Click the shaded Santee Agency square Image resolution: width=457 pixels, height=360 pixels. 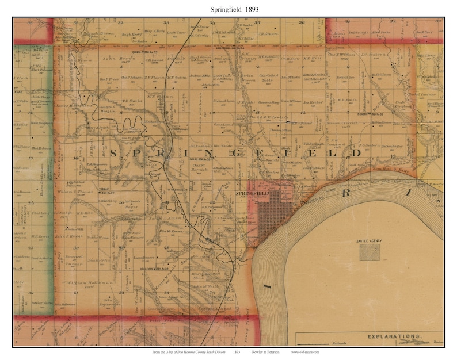point(369,251)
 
